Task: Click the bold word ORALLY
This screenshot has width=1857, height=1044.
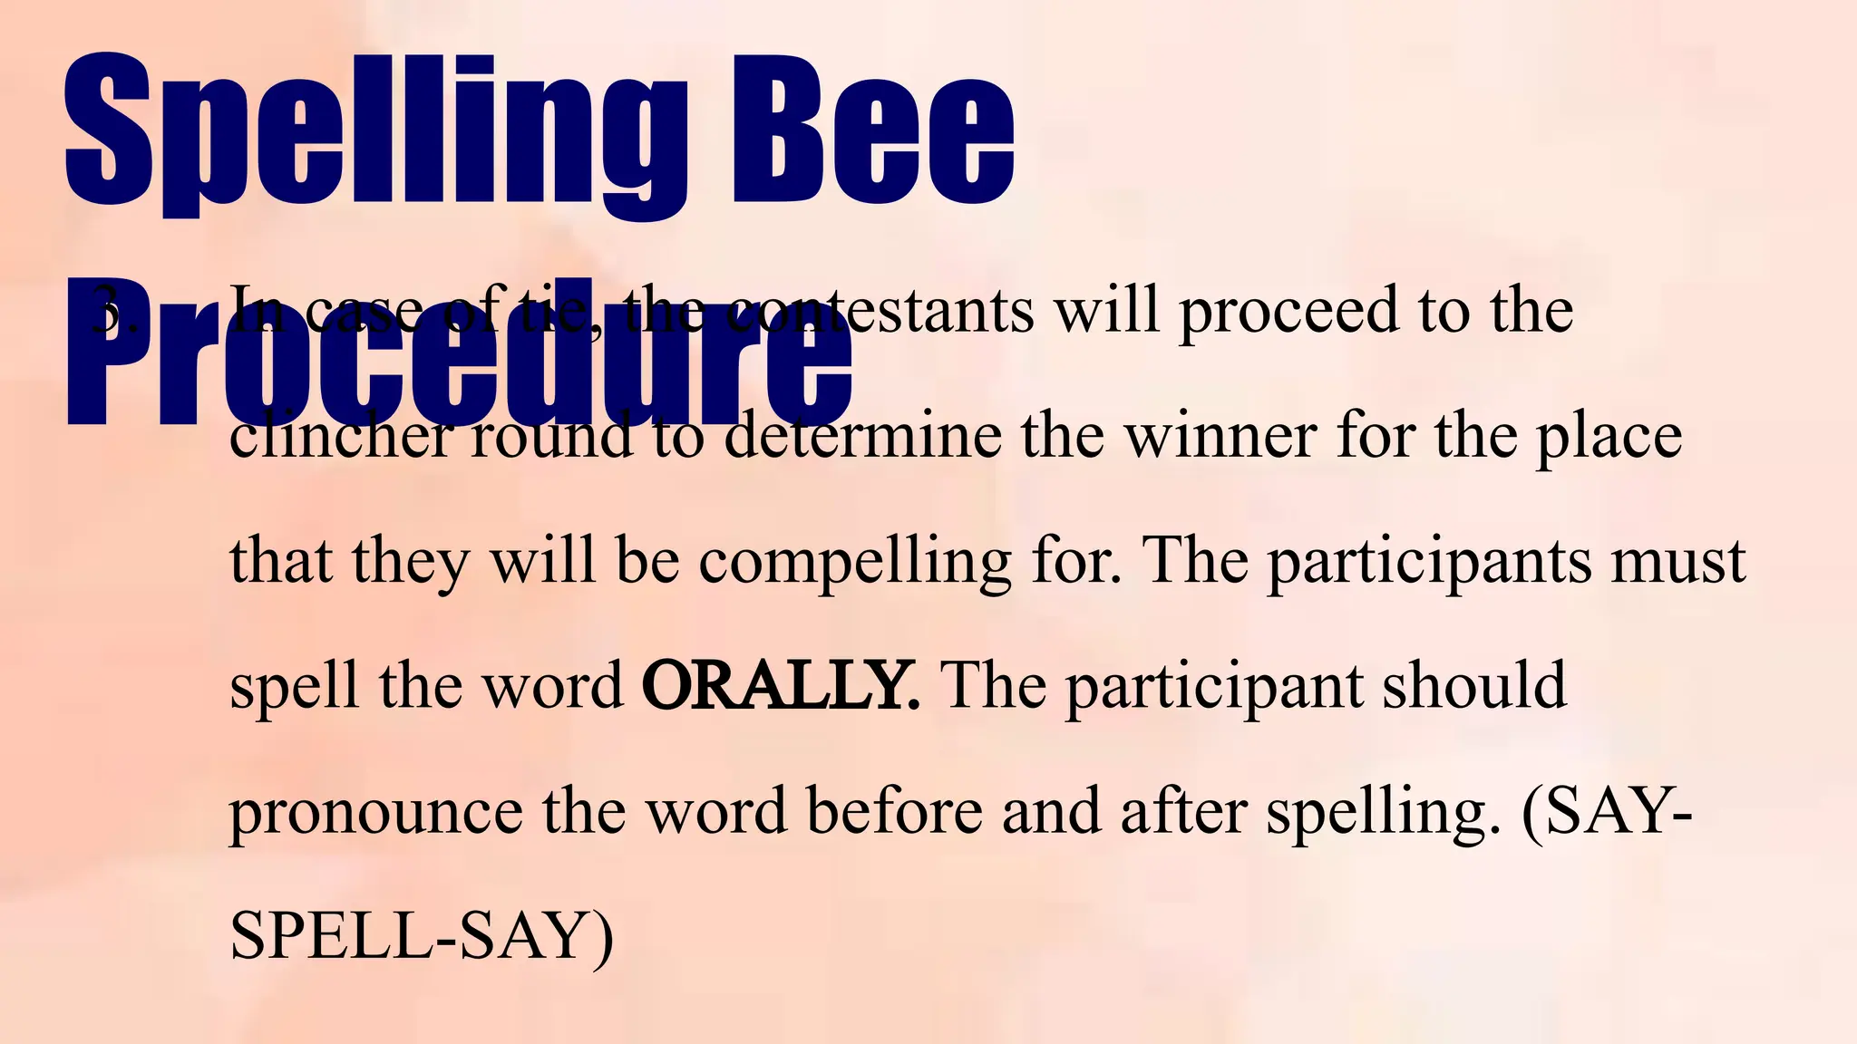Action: [779, 685]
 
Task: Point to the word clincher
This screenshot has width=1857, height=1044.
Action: [339, 437]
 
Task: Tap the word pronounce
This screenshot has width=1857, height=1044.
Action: [375, 811]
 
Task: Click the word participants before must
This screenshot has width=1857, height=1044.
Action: [1428, 562]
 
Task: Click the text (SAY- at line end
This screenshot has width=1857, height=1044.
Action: [1606, 811]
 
